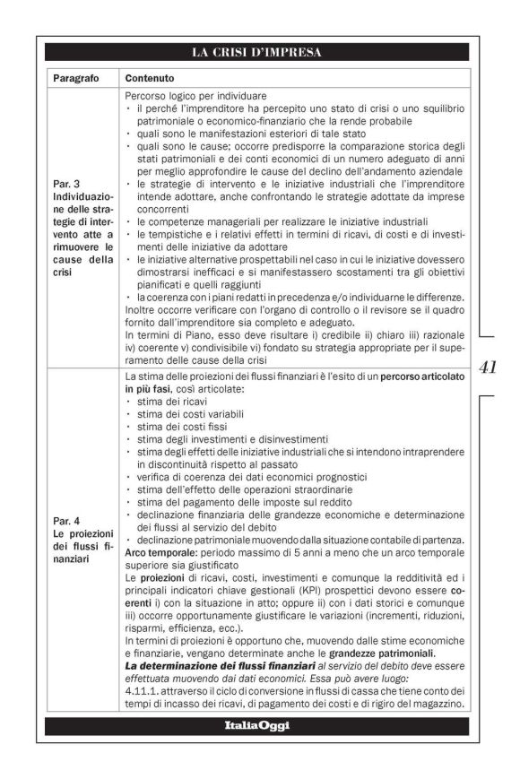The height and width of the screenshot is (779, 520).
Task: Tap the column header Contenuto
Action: (150, 78)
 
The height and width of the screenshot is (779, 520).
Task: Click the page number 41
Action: (489, 366)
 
